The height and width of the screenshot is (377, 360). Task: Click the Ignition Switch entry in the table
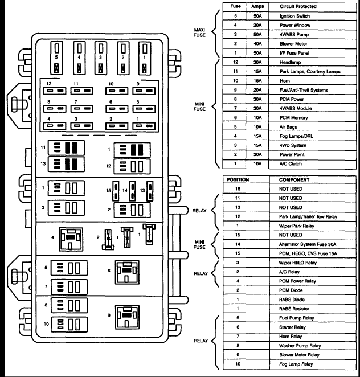pos(294,17)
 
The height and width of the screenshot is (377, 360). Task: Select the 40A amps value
pos(257,43)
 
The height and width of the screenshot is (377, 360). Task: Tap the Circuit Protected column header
pos(298,7)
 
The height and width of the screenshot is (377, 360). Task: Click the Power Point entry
pos(292,154)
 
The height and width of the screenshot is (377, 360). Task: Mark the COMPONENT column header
pos(294,179)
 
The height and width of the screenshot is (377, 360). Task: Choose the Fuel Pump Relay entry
pos(298,318)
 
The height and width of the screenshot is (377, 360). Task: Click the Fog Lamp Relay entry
pos(297,363)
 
